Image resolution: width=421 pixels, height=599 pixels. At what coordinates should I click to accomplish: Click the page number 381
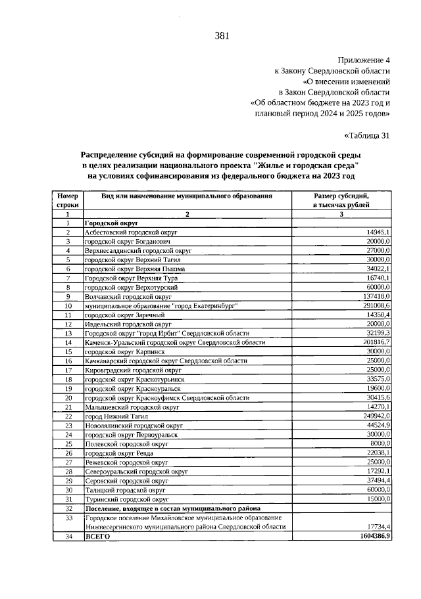[x=221, y=35]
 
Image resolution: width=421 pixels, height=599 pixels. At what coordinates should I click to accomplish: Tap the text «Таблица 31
[x=367, y=136]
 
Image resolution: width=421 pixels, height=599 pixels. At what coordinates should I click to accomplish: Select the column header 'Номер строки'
[x=67, y=200]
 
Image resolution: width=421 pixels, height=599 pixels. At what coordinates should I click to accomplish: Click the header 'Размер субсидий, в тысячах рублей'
[x=341, y=200]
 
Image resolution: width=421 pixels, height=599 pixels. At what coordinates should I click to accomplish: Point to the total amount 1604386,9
[x=372, y=537]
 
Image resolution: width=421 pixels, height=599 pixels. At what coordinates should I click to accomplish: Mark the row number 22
[x=67, y=416]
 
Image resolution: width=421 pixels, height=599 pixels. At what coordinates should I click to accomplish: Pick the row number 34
[x=67, y=537]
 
